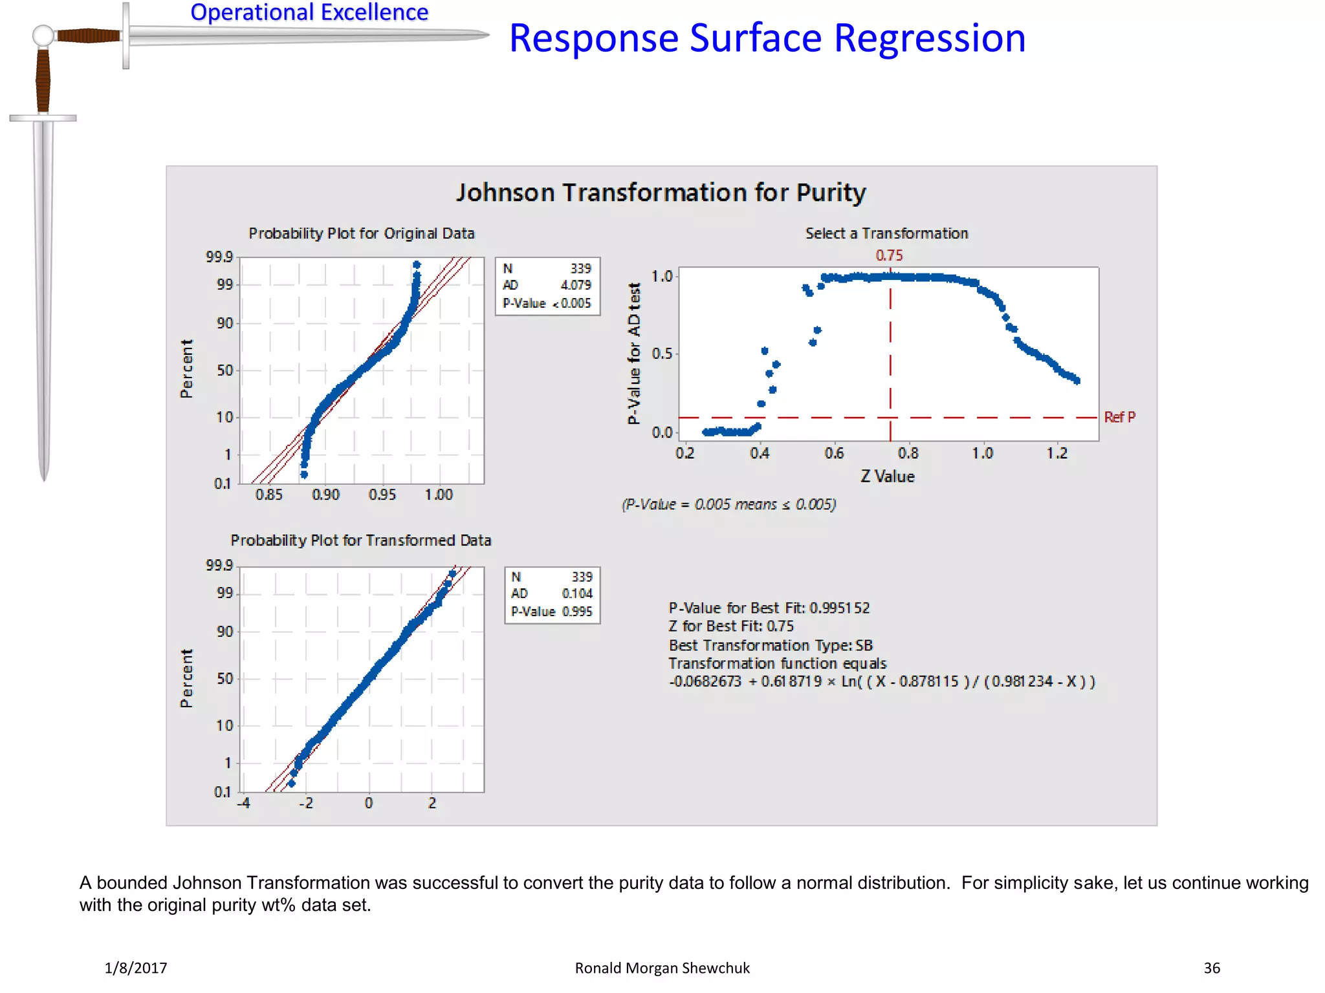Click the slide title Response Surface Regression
767,39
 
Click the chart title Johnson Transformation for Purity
661,193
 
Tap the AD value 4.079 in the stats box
575,285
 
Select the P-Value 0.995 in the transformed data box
576,612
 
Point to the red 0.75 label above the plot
889,255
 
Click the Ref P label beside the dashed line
1119,418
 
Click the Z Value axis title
887,477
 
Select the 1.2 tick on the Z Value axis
1057,454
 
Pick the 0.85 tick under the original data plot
268,495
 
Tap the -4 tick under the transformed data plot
243,804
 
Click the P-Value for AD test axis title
634,353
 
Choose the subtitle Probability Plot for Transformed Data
361,540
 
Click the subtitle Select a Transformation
886,233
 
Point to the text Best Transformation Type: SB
770,645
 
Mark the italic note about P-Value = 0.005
728,504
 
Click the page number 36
1211,968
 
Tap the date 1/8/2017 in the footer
136,968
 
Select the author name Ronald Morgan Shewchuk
662,968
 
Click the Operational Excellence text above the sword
309,12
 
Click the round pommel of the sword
43,36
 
